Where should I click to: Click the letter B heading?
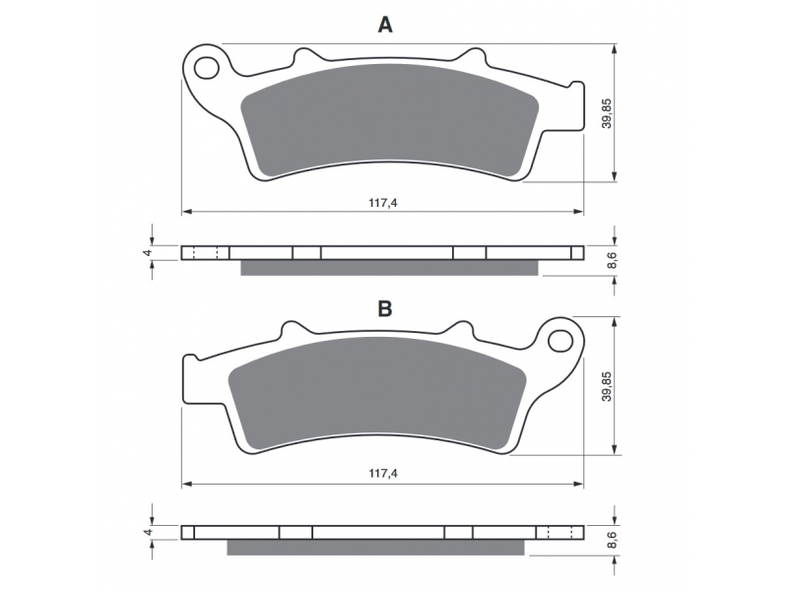[x=385, y=308]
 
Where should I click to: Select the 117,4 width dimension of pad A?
[x=383, y=203]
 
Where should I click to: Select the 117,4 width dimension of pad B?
[x=383, y=474]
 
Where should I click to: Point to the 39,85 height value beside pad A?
[x=607, y=113]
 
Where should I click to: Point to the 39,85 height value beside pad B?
[x=607, y=386]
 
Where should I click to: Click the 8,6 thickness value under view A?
[x=612, y=261]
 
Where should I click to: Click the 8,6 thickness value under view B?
[x=612, y=540]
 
